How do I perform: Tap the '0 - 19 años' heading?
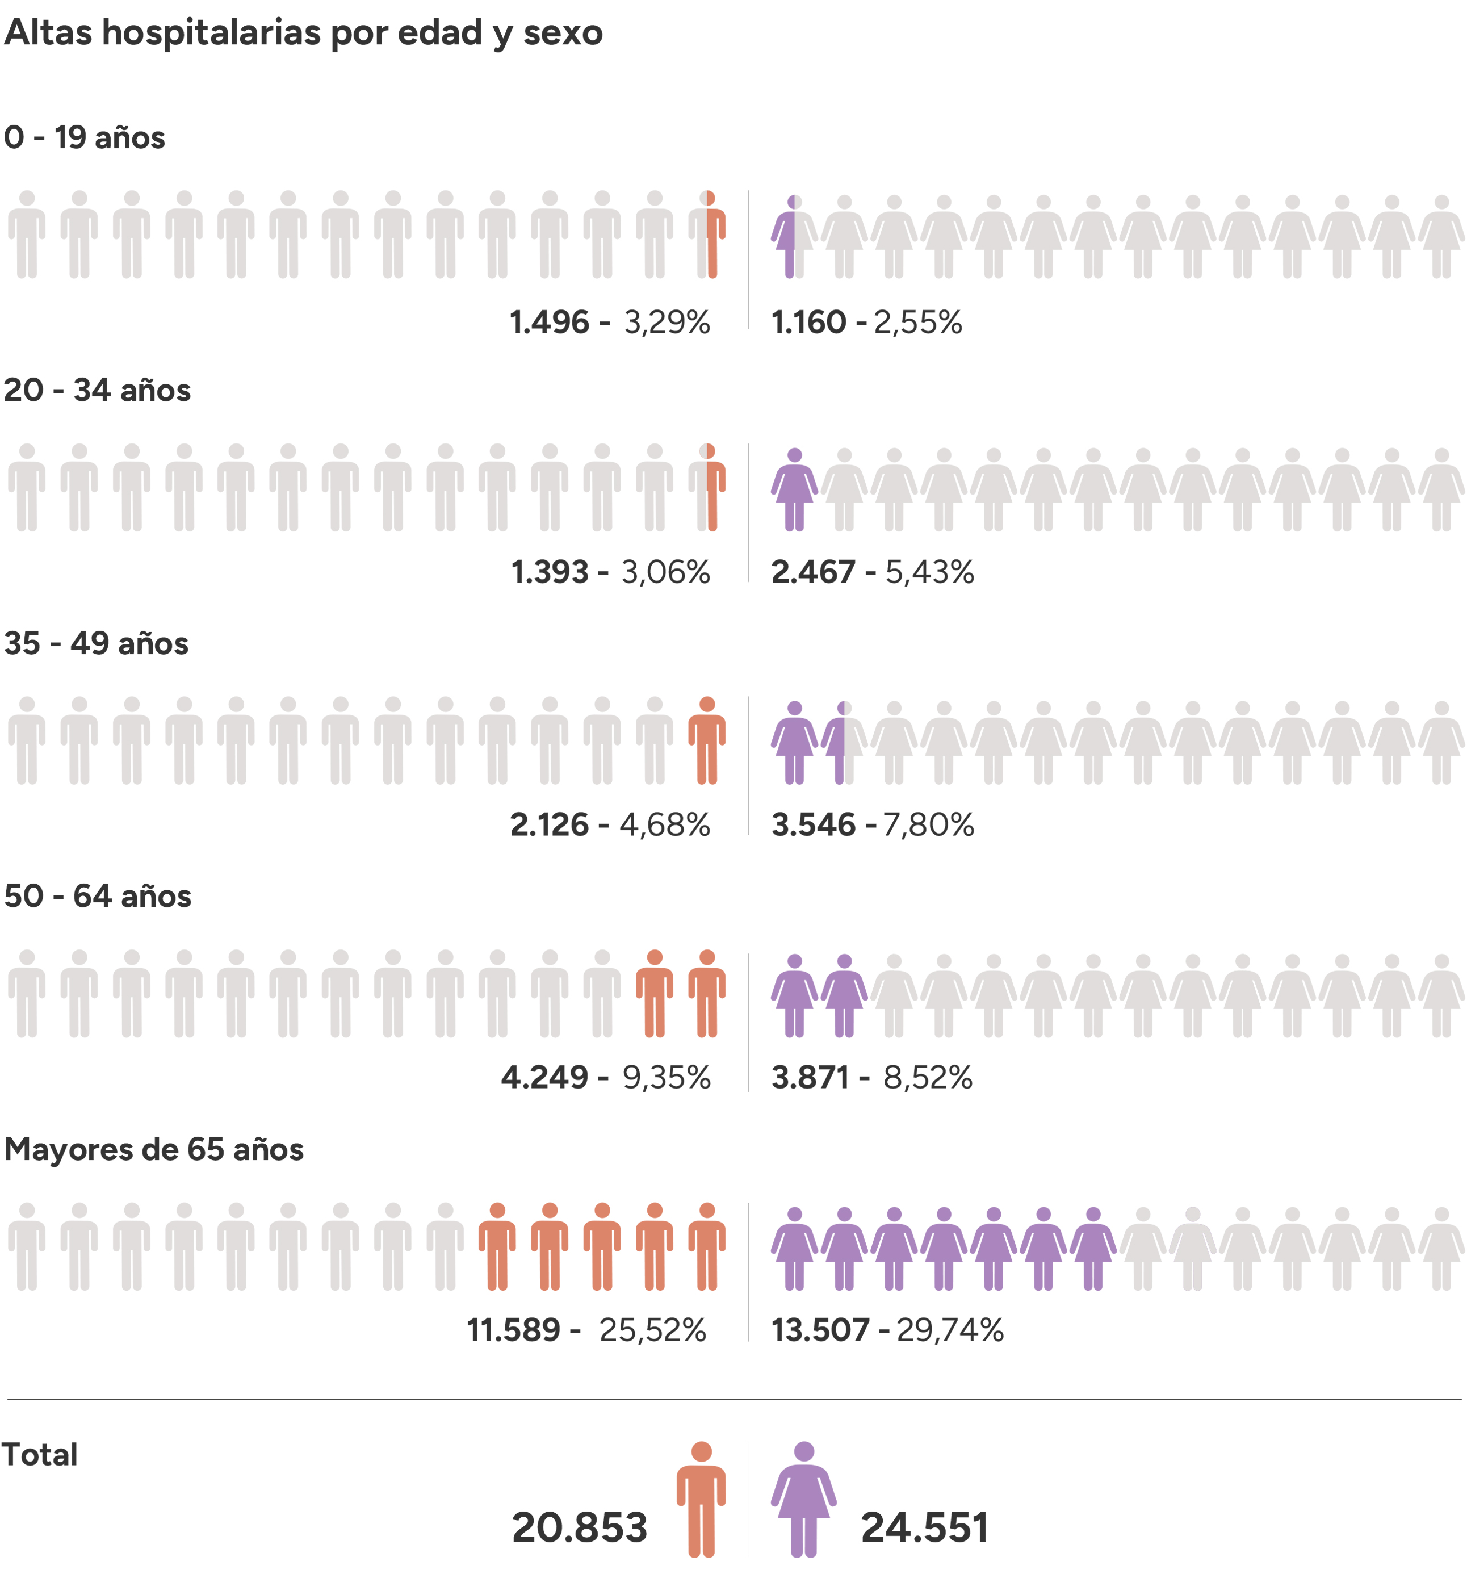[x=85, y=138]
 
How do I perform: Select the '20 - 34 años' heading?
[x=98, y=390]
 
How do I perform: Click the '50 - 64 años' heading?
[x=98, y=896]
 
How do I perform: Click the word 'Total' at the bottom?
[x=40, y=1454]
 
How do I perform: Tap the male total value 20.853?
[x=580, y=1527]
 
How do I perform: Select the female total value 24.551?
[x=925, y=1527]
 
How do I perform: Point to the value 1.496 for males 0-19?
[x=550, y=323]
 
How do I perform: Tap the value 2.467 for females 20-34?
[x=813, y=572]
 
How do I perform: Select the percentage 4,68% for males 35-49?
[x=664, y=825]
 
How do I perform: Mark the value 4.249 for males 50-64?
[x=544, y=1078]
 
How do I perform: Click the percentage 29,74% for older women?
[x=949, y=1330]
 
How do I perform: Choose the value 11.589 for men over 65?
[x=514, y=1330]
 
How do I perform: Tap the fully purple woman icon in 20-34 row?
[x=794, y=488]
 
